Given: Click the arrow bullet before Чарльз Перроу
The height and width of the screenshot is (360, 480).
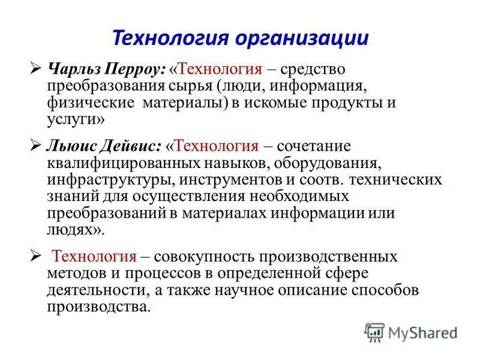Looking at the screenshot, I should pos(35,70).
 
